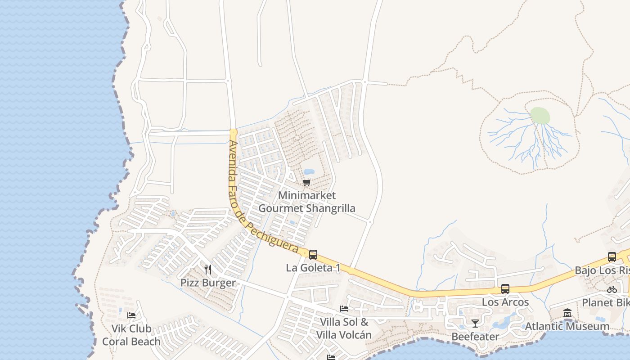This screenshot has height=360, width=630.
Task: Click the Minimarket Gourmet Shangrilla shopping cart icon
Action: click(307, 182)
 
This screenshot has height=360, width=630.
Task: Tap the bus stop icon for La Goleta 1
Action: click(313, 255)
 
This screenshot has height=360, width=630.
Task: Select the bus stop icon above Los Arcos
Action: click(505, 289)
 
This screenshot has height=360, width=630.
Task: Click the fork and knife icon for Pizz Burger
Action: click(208, 270)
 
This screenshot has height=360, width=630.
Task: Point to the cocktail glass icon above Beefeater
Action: click(475, 323)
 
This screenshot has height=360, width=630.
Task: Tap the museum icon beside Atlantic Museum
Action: click(567, 313)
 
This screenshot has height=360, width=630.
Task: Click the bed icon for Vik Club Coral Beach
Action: click(131, 315)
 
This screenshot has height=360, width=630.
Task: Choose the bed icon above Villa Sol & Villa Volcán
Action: click(344, 309)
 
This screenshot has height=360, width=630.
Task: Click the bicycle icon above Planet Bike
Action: click(612, 289)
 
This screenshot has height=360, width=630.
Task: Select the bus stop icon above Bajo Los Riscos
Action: click(612, 257)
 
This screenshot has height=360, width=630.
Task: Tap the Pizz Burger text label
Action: click(208, 283)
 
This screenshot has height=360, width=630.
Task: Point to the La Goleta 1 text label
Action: click(313, 268)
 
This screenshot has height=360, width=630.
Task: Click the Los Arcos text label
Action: click(505, 302)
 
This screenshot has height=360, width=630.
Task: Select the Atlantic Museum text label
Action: click(567, 326)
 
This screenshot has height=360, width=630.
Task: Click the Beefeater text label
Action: click(475, 337)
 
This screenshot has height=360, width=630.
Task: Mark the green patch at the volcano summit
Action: click(540, 116)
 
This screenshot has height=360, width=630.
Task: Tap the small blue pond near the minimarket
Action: click(309, 172)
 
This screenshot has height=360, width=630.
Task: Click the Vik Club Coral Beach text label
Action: click(131, 335)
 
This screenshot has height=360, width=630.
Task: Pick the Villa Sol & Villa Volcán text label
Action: click(344, 328)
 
